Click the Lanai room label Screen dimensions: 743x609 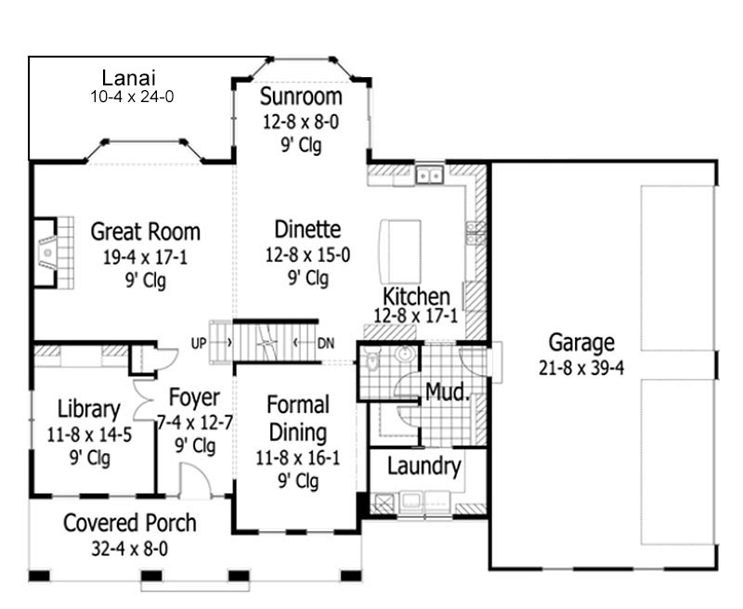[129, 78]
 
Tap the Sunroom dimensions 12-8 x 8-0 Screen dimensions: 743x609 [301, 122]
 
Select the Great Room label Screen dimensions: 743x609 [146, 231]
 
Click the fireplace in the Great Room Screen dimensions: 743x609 [46, 253]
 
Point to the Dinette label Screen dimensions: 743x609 [307, 229]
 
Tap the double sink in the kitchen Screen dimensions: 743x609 [429, 175]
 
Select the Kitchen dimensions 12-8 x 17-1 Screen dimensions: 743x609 [416, 316]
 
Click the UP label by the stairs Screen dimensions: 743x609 [199, 343]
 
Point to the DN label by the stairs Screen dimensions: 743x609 [326, 343]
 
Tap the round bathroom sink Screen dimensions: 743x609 [405, 354]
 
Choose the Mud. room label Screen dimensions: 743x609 [448, 393]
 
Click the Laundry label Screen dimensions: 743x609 [424, 466]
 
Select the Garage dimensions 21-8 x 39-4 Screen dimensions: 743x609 [581, 368]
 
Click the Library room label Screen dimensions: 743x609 [88, 409]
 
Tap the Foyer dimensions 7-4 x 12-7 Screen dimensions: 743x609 [195, 422]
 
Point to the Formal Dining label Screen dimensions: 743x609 [297, 419]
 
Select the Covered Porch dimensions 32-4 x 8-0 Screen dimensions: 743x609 [129, 550]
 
